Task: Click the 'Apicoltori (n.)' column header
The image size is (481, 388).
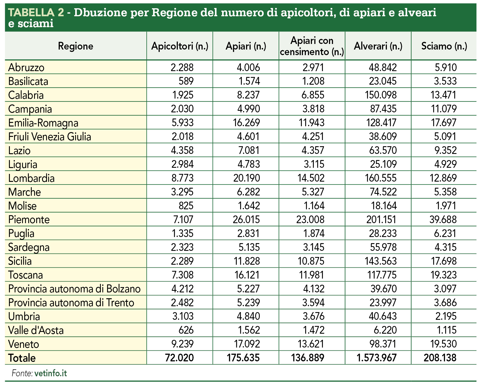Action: click(x=180, y=46)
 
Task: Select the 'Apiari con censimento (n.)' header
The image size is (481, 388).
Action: click(x=312, y=46)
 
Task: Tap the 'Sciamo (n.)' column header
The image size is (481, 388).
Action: click(x=444, y=46)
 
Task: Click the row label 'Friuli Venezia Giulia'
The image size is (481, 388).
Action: click(x=50, y=137)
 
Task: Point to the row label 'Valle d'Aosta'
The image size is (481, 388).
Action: click(x=36, y=330)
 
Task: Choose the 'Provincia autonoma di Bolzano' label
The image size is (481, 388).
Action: click(x=74, y=289)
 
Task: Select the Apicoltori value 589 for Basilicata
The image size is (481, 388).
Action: click(x=186, y=81)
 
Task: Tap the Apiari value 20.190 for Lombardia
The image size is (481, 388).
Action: click(x=247, y=178)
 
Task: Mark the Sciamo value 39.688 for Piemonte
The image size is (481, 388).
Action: click(x=443, y=220)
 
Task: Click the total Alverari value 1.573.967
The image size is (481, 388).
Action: click(x=376, y=358)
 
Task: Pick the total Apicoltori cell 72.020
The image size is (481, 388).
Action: click(x=179, y=358)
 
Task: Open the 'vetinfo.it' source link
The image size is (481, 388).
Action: click(x=51, y=373)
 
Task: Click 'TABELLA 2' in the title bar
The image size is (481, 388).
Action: click(x=36, y=13)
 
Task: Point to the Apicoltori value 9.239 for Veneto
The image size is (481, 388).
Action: click(x=182, y=344)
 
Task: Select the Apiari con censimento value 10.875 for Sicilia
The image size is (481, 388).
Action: click(x=311, y=261)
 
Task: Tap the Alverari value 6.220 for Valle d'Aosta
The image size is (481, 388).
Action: click(x=385, y=330)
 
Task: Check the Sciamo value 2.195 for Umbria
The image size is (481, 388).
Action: click(x=446, y=316)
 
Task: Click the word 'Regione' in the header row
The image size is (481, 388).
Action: click(x=76, y=46)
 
